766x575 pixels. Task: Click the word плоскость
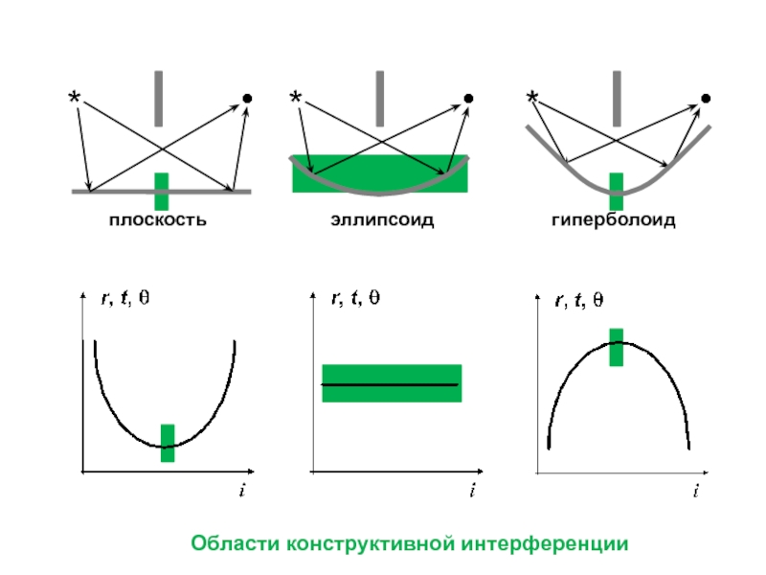(x=158, y=221)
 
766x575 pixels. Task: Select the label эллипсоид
(x=383, y=221)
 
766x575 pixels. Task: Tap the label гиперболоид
(x=613, y=221)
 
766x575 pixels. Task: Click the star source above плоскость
(x=75, y=98)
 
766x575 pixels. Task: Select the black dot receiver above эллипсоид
(x=468, y=98)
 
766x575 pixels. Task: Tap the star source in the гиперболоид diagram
(x=532, y=97)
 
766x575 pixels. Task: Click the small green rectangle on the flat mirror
(x=162, y=191)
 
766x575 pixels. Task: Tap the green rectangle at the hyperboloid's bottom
(x=617, y=191)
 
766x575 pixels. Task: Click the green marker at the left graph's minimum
(x=168, y=443)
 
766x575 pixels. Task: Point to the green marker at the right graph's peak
(x=617, y=347)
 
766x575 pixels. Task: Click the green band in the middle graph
(x=393, y=383)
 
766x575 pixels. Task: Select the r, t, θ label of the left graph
(x=125, y=297)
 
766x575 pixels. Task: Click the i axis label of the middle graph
(x=471, y=490)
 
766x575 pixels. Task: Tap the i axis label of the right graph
(x=696, y=490)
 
